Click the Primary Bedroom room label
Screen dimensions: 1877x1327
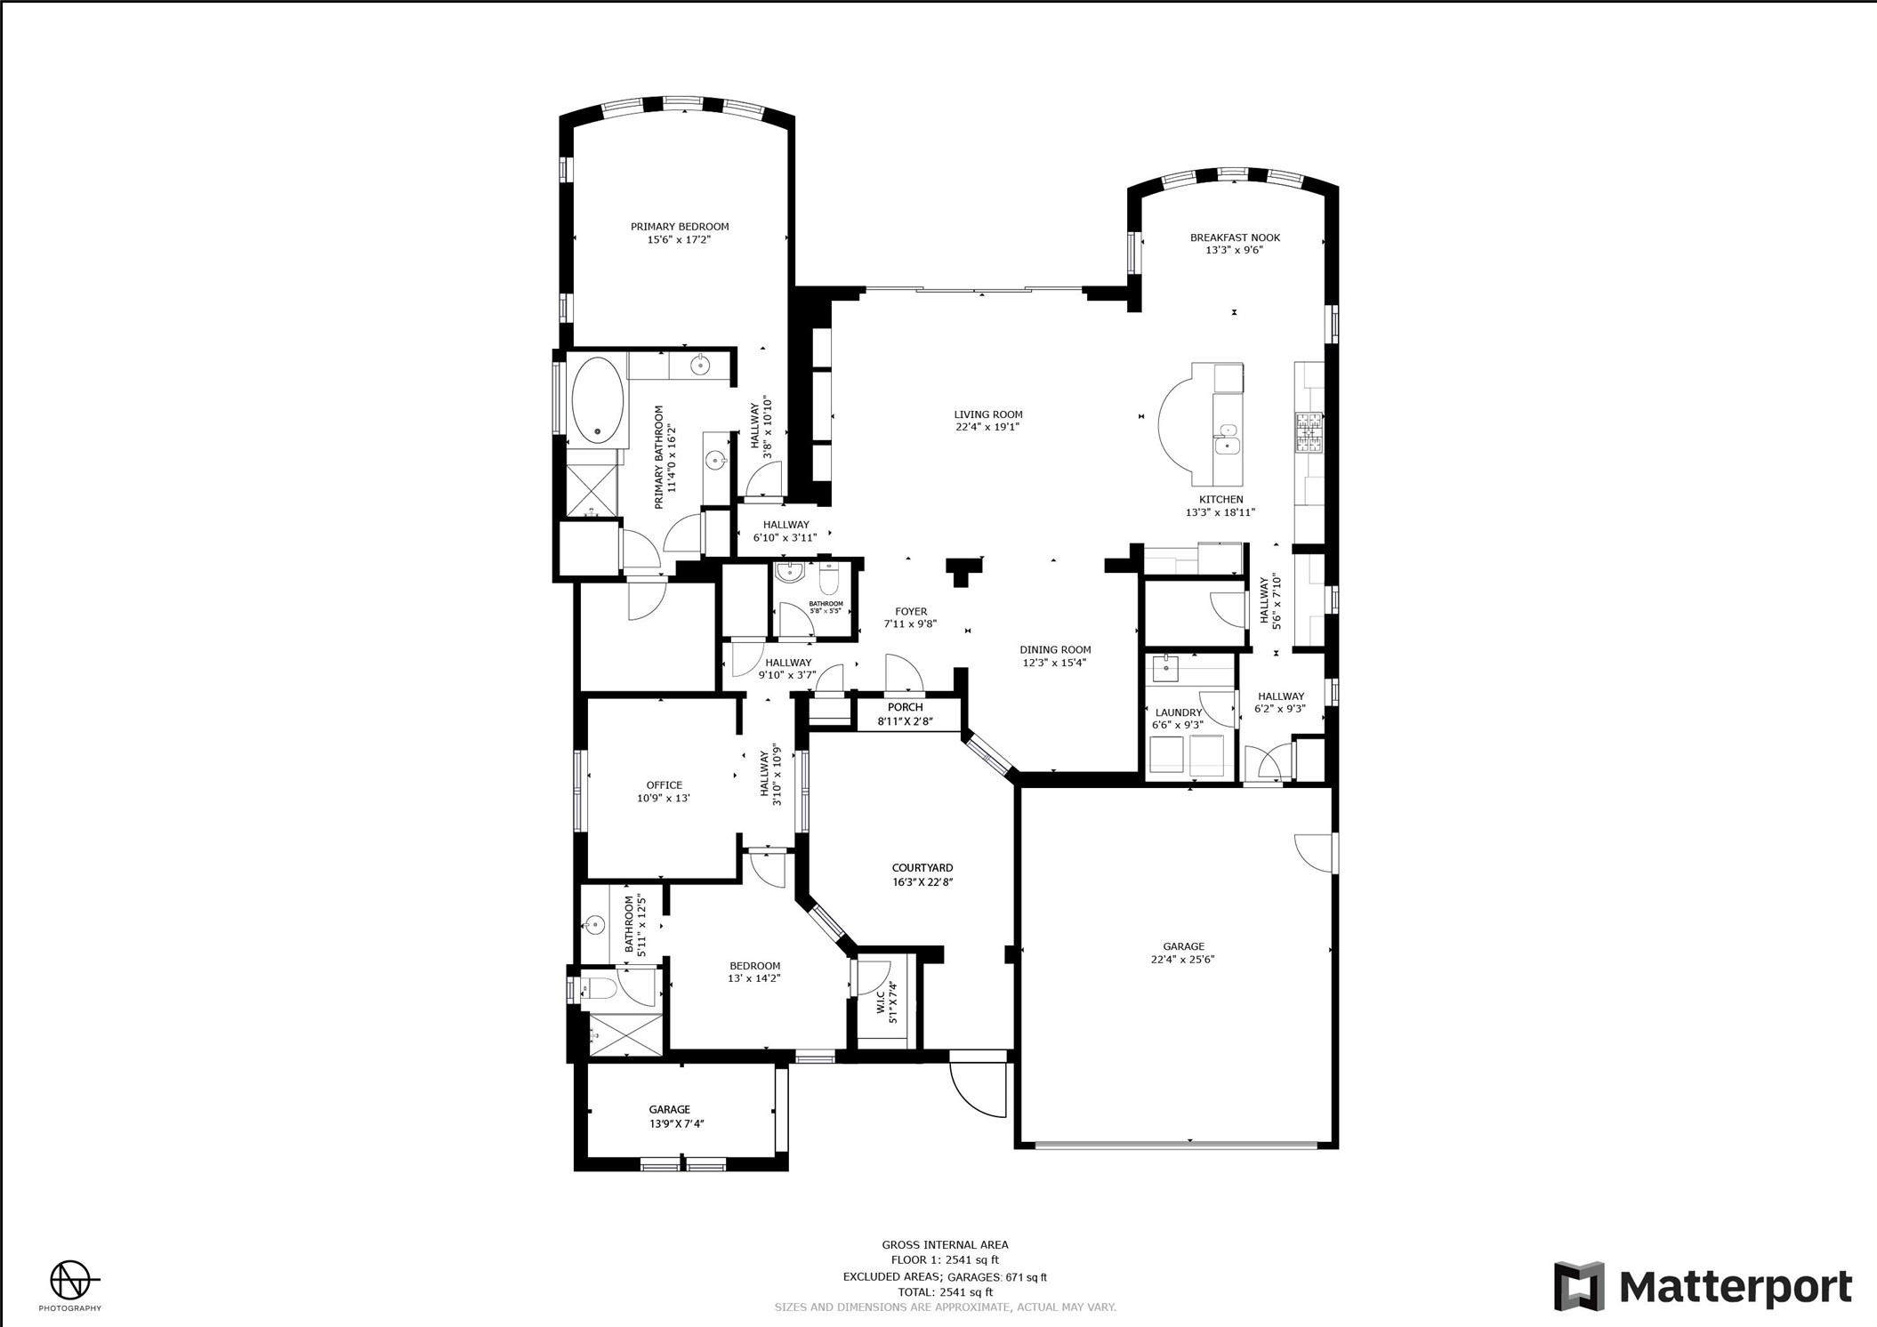coord(680,227)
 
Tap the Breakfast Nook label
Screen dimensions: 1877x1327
coord(1235,237)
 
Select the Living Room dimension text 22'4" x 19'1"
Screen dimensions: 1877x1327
coord(987,427)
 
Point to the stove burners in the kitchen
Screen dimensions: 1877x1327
coord(1309,432)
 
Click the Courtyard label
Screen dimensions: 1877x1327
coord(922,868)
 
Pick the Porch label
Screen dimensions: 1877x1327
coord(905,707)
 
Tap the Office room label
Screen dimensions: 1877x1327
coord(664,785)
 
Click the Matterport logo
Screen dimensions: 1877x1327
coord(1703,1286)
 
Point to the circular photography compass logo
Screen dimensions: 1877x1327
coord(69,1281)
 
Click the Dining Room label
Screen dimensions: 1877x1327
coord(1055,650)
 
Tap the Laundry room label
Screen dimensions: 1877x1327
coord(1179,712)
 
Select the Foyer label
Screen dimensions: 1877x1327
coord(911,612)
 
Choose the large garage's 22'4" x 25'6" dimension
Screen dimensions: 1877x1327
coord(1182,959)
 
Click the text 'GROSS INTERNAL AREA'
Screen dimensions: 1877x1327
coord(945,1245)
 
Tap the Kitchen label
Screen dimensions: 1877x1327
coord(1220,500)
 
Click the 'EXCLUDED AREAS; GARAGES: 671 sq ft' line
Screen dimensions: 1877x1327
coord(945,1277)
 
